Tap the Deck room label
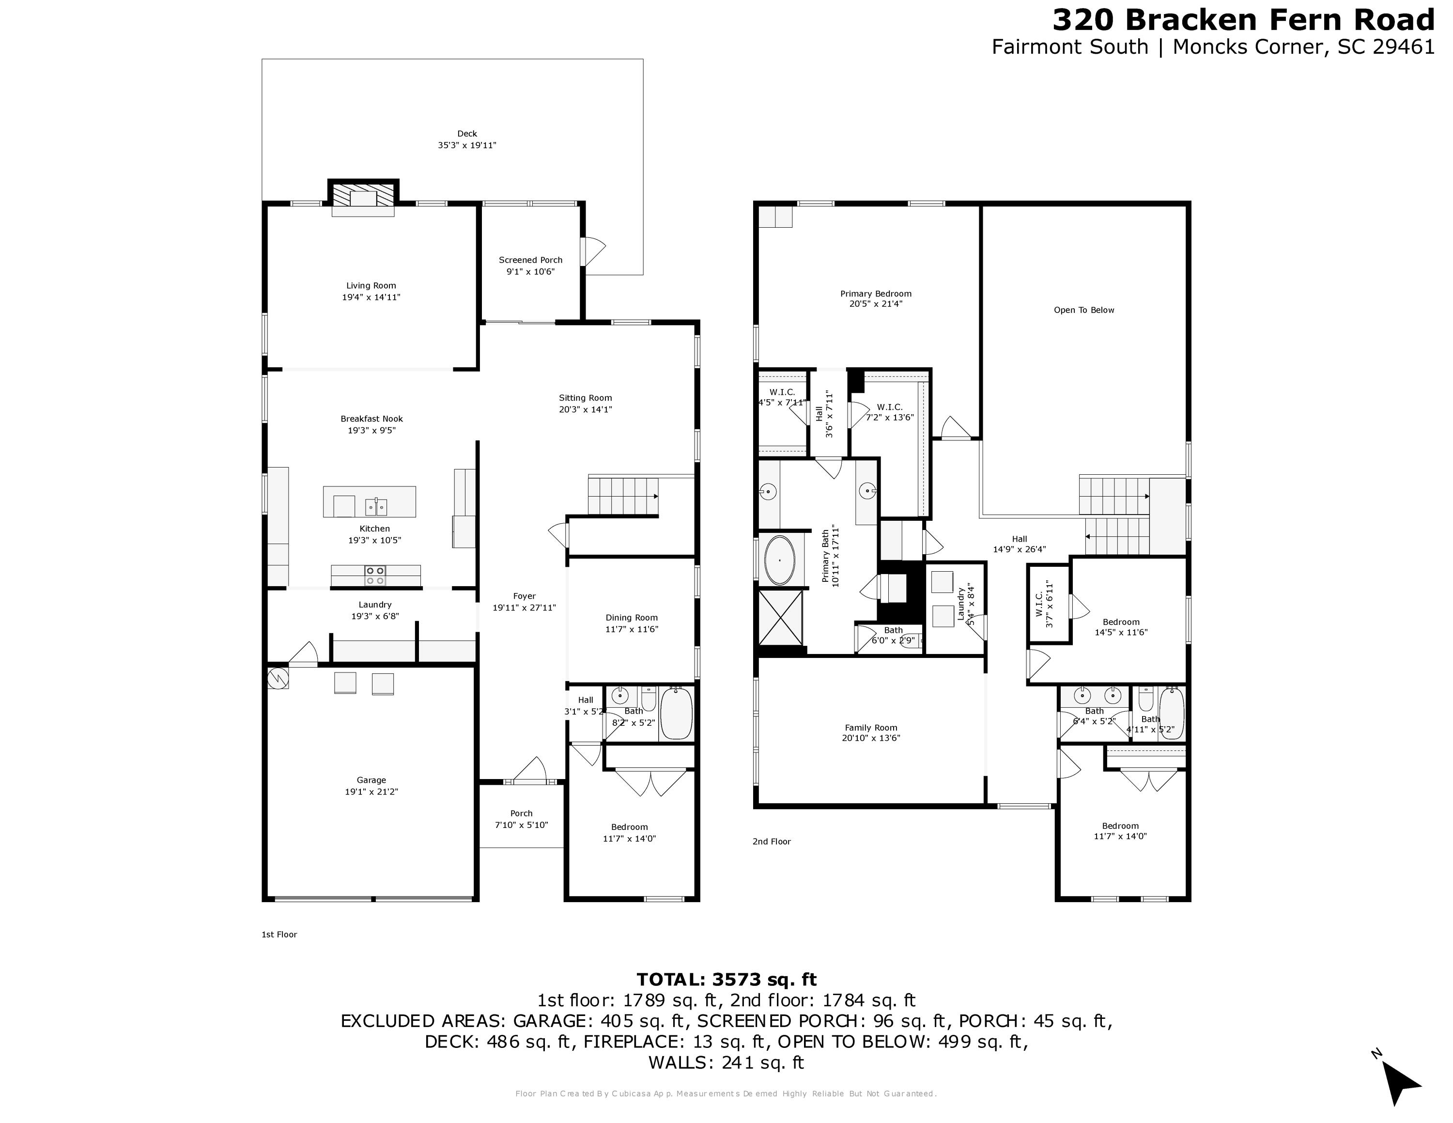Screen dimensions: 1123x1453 (467, 134)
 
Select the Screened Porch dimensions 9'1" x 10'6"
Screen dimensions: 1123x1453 (530, 271)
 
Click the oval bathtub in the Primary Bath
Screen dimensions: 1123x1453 (779, 561)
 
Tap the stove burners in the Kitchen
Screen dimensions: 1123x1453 (375, 576)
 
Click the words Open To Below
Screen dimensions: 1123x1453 (1084, 310)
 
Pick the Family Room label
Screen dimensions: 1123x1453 (871, 728)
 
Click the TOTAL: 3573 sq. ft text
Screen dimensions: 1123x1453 (726, 979)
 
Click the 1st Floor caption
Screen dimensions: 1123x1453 (279, 934)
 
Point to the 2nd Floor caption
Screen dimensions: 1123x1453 (772, 842)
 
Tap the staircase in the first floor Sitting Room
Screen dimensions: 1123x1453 (622, 497)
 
